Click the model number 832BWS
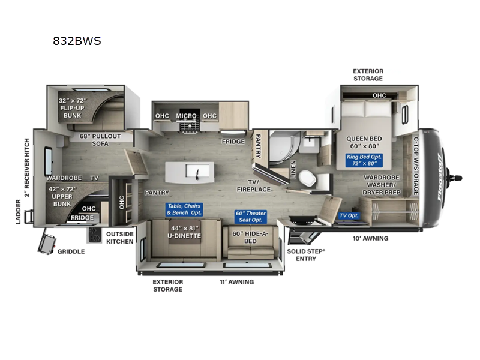point(77,41)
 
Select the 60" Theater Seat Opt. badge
point(250,217)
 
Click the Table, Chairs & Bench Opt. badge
point(184,209)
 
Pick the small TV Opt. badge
point(349,215)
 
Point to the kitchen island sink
point(197,172)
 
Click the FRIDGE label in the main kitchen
point(233,142)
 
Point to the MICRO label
point(187,115)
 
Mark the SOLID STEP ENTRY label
point(306,254)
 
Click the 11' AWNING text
point(237,281)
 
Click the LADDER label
point(18,212)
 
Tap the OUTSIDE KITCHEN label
point(119,238)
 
